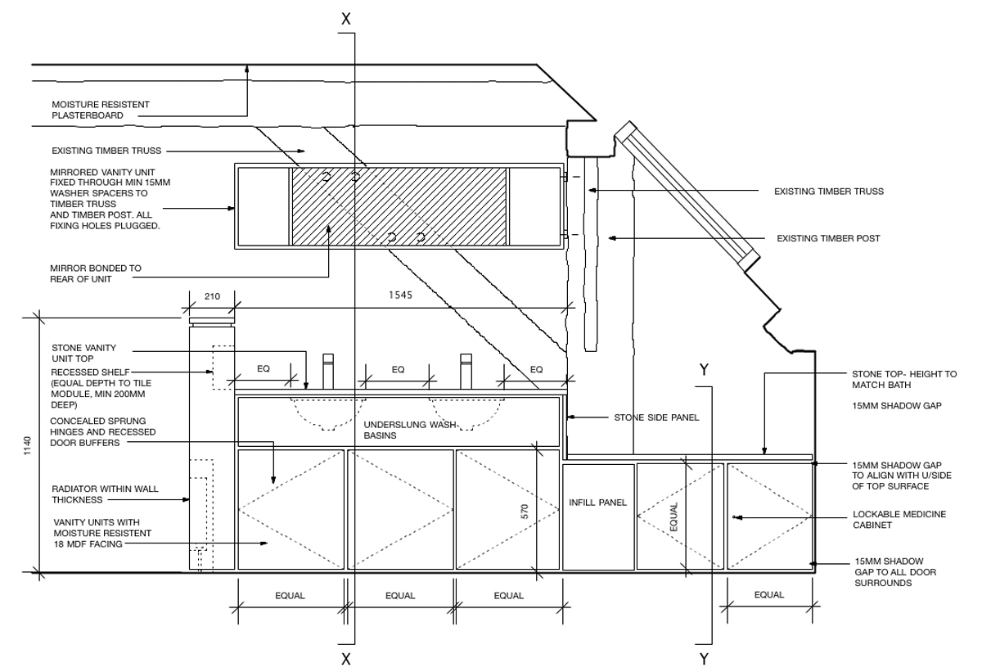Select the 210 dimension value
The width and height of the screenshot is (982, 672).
pos(212,296)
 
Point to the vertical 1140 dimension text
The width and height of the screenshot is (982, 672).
pos(27,446)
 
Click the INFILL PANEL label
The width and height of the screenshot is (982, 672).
pos(597,503)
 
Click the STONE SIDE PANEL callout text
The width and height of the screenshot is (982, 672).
pos(656,417)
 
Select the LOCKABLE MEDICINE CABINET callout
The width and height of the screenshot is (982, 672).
pos(899,520)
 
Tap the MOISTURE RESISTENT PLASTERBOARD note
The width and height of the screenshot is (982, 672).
pos(101,110)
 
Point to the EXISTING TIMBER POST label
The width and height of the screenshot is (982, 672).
pos(828,238)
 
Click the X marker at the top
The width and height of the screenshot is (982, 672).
pos(346,19)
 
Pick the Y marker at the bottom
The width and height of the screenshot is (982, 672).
pos(703,659)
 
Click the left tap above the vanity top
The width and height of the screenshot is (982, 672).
pos(329,372)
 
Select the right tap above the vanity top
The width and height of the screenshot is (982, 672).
pos(466,372)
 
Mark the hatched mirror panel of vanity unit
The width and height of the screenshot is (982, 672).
pos(399,206)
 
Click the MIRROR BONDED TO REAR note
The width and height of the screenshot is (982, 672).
pos(95,273)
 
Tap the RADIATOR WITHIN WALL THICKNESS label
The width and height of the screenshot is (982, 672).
pos(105,494)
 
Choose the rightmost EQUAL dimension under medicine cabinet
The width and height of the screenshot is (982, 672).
pos(768,595)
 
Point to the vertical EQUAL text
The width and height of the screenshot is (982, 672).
pos(674,516)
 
